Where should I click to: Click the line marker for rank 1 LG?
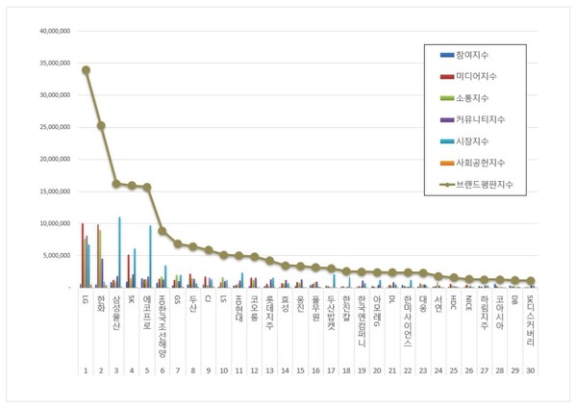(x=86, y=69)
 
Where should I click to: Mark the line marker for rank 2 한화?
(x=101, y=125)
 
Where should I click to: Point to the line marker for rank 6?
(x=163, y=231)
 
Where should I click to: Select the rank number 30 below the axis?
(x=530, y=370)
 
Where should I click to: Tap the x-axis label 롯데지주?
(x=270, y=313)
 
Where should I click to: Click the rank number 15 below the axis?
(x=300, y=370)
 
